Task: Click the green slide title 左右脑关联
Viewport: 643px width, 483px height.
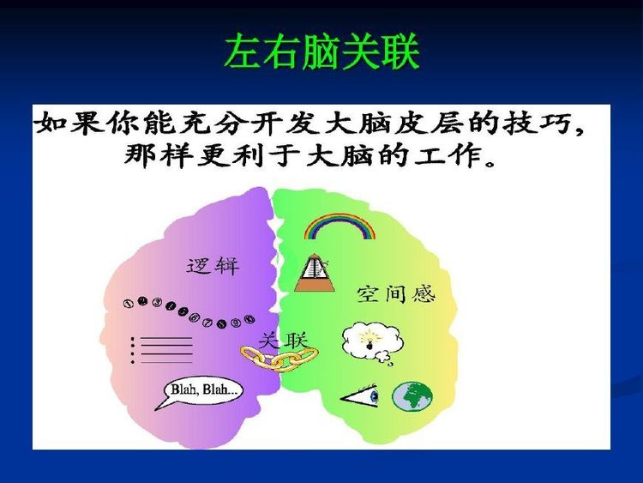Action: coord(321,52)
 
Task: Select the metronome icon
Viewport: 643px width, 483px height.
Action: coord(315,274)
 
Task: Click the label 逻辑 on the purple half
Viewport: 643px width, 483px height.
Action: coord(213,266)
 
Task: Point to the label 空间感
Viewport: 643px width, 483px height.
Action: coord(396,293)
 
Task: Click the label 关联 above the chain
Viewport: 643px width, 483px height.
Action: coord(284,341)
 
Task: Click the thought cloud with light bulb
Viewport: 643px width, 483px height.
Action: coord(371,342)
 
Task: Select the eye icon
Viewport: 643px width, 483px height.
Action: coord(361,396)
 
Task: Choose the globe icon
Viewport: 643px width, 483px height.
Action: coord(412,396)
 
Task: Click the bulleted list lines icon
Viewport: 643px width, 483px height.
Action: coord(161,350)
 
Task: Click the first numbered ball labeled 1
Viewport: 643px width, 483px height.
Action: coord(129,303)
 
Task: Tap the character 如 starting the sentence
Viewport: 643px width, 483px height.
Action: coord(51,123)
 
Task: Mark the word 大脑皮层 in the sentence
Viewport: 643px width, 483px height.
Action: coord(394,123)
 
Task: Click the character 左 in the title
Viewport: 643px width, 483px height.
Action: coord(243,52)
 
